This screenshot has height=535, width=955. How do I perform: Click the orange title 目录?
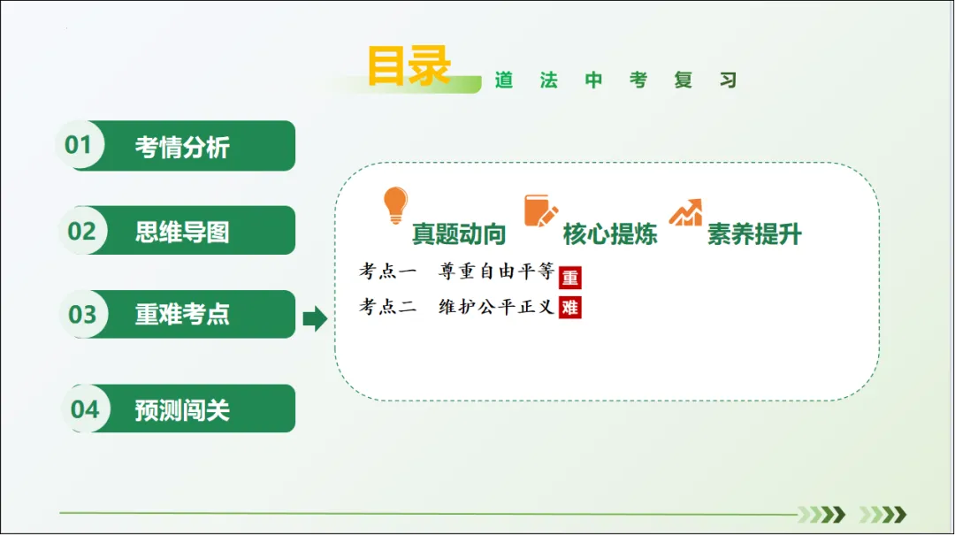coord(409,66)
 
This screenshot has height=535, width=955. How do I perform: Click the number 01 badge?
coord(79,145)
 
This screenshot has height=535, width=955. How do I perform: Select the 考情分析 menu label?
coord(182,147)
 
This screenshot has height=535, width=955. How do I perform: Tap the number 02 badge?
coord(81,231)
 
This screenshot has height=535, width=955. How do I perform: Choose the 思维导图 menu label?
coord(182,232)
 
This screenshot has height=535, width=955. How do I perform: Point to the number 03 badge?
coord(82,314)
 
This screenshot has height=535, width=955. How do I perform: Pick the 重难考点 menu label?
coord(182,315)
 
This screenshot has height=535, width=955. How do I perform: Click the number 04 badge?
coord(85,409)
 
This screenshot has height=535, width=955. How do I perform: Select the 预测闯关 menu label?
coord(182,409)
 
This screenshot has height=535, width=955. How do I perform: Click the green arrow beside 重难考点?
coord(315,318)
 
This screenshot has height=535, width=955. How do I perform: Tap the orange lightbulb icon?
coord(395,205)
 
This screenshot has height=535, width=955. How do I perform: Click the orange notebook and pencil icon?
coord(541,210)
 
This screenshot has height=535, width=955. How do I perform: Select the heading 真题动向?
coord(459,234)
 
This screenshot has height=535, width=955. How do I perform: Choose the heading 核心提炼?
coord(610,234)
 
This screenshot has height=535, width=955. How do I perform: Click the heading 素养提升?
coord(754,234)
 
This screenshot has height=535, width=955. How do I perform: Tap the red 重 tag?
coord(570,278)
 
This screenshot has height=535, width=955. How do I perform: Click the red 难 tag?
coord(570,308)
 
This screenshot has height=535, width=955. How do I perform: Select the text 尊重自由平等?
coord(496,271)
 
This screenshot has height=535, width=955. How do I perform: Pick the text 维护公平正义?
coord(496,307)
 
